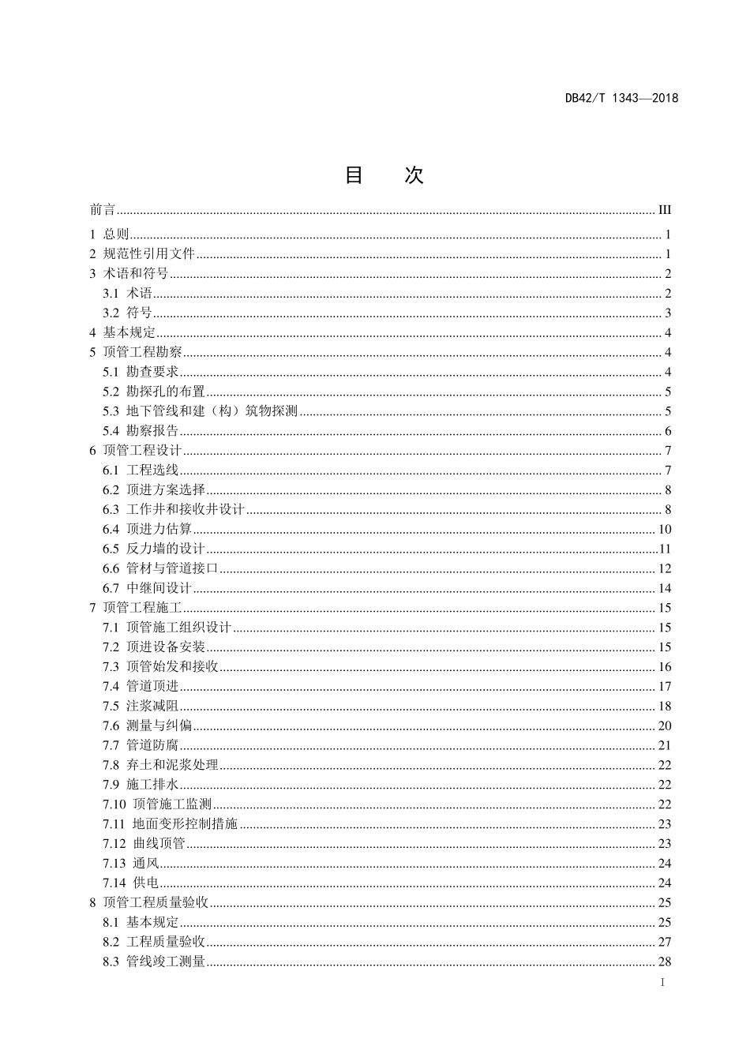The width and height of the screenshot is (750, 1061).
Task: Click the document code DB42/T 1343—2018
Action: tap(621, 99)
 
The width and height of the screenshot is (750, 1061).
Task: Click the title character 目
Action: tap(354, 175)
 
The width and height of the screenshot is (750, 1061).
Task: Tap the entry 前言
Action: tap(103, 210)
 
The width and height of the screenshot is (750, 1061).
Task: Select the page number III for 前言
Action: tap(664, 210)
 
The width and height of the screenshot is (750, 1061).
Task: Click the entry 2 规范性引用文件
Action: tap(142, 254)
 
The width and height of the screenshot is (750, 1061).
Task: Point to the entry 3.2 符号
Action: tap(127, 313)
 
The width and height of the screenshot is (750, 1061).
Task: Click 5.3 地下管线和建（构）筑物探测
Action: tap(200, 411)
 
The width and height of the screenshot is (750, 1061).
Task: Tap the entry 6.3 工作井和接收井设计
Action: tap(174, 510)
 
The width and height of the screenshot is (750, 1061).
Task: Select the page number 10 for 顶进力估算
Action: tap(664, 530)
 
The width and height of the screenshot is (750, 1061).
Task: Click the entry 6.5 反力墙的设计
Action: tap(154, 549)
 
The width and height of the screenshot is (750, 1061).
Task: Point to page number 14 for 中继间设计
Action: tap(664, 588)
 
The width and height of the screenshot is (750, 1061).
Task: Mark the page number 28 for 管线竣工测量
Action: tap(664, 962)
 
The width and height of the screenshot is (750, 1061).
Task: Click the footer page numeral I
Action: tap(662, 983)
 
